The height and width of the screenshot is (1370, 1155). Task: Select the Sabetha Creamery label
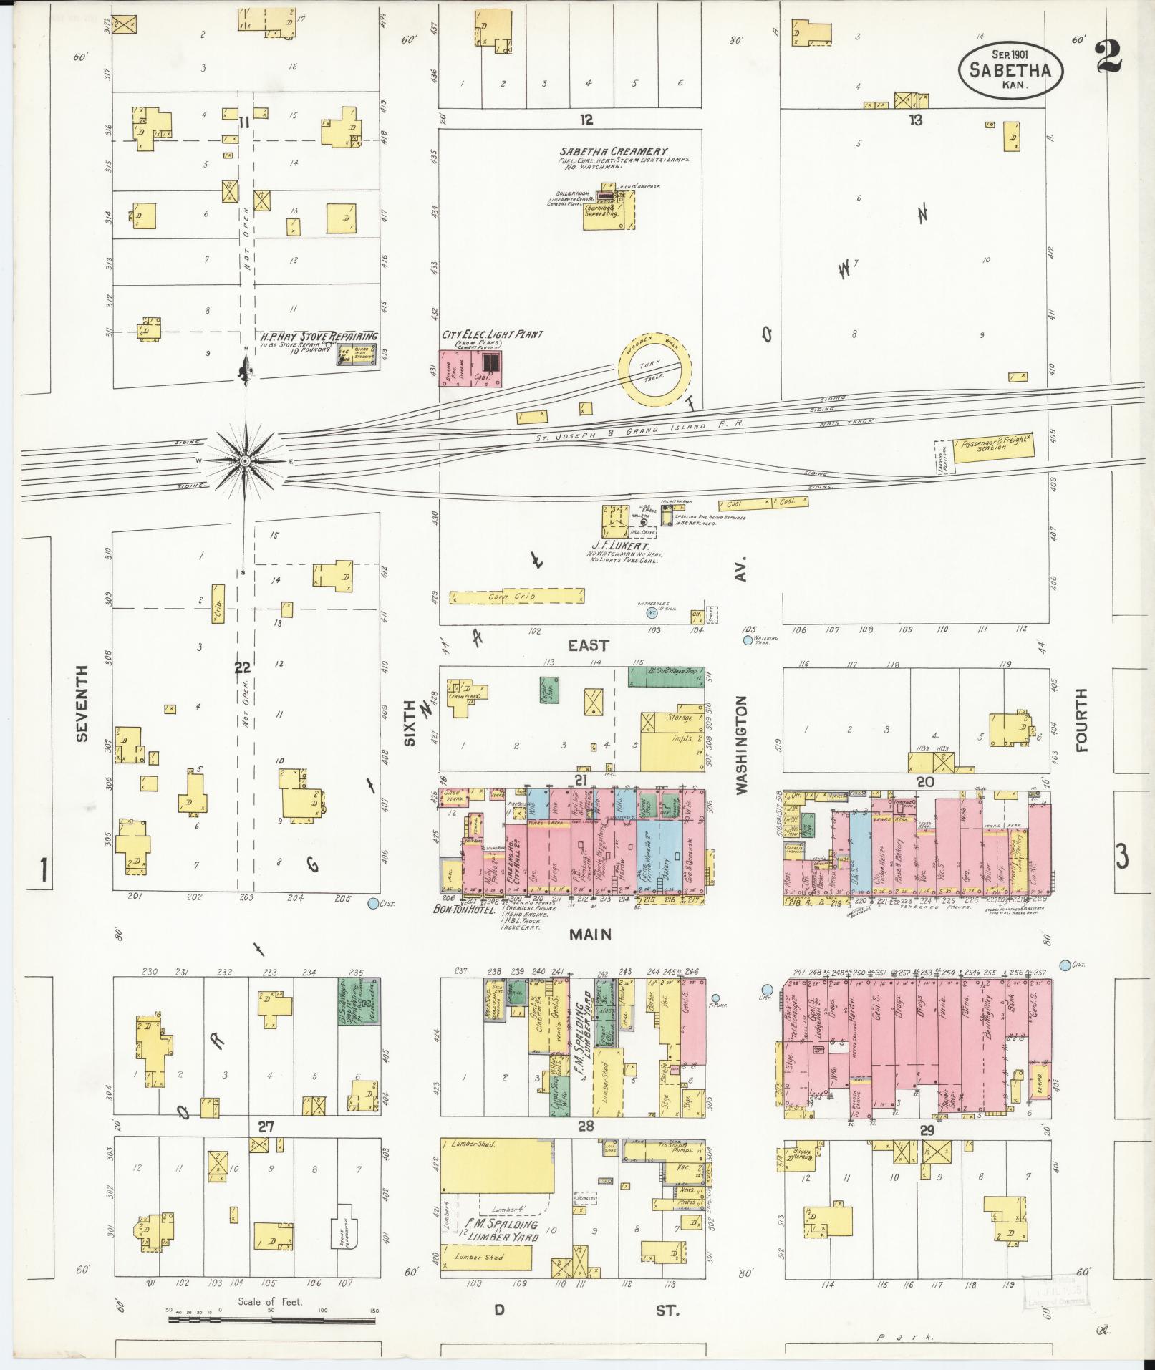coord(614,152)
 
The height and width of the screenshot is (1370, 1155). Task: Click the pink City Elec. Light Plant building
coord(470,369)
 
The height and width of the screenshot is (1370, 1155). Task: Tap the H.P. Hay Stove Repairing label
coord(319,336)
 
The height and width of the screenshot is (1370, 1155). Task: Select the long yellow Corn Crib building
coord(516,597)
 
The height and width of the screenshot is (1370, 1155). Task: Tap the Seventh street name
coord(83,703)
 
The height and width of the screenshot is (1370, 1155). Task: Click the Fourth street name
coord(1081,720)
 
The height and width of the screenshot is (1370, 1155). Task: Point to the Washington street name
coord(740,744)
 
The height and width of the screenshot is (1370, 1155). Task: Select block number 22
coord(243,667)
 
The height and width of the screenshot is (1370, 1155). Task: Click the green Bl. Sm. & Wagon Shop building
coord(666,676)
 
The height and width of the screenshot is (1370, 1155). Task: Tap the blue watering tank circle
coord(748,640)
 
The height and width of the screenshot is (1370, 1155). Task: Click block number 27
coord(266,1127)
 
